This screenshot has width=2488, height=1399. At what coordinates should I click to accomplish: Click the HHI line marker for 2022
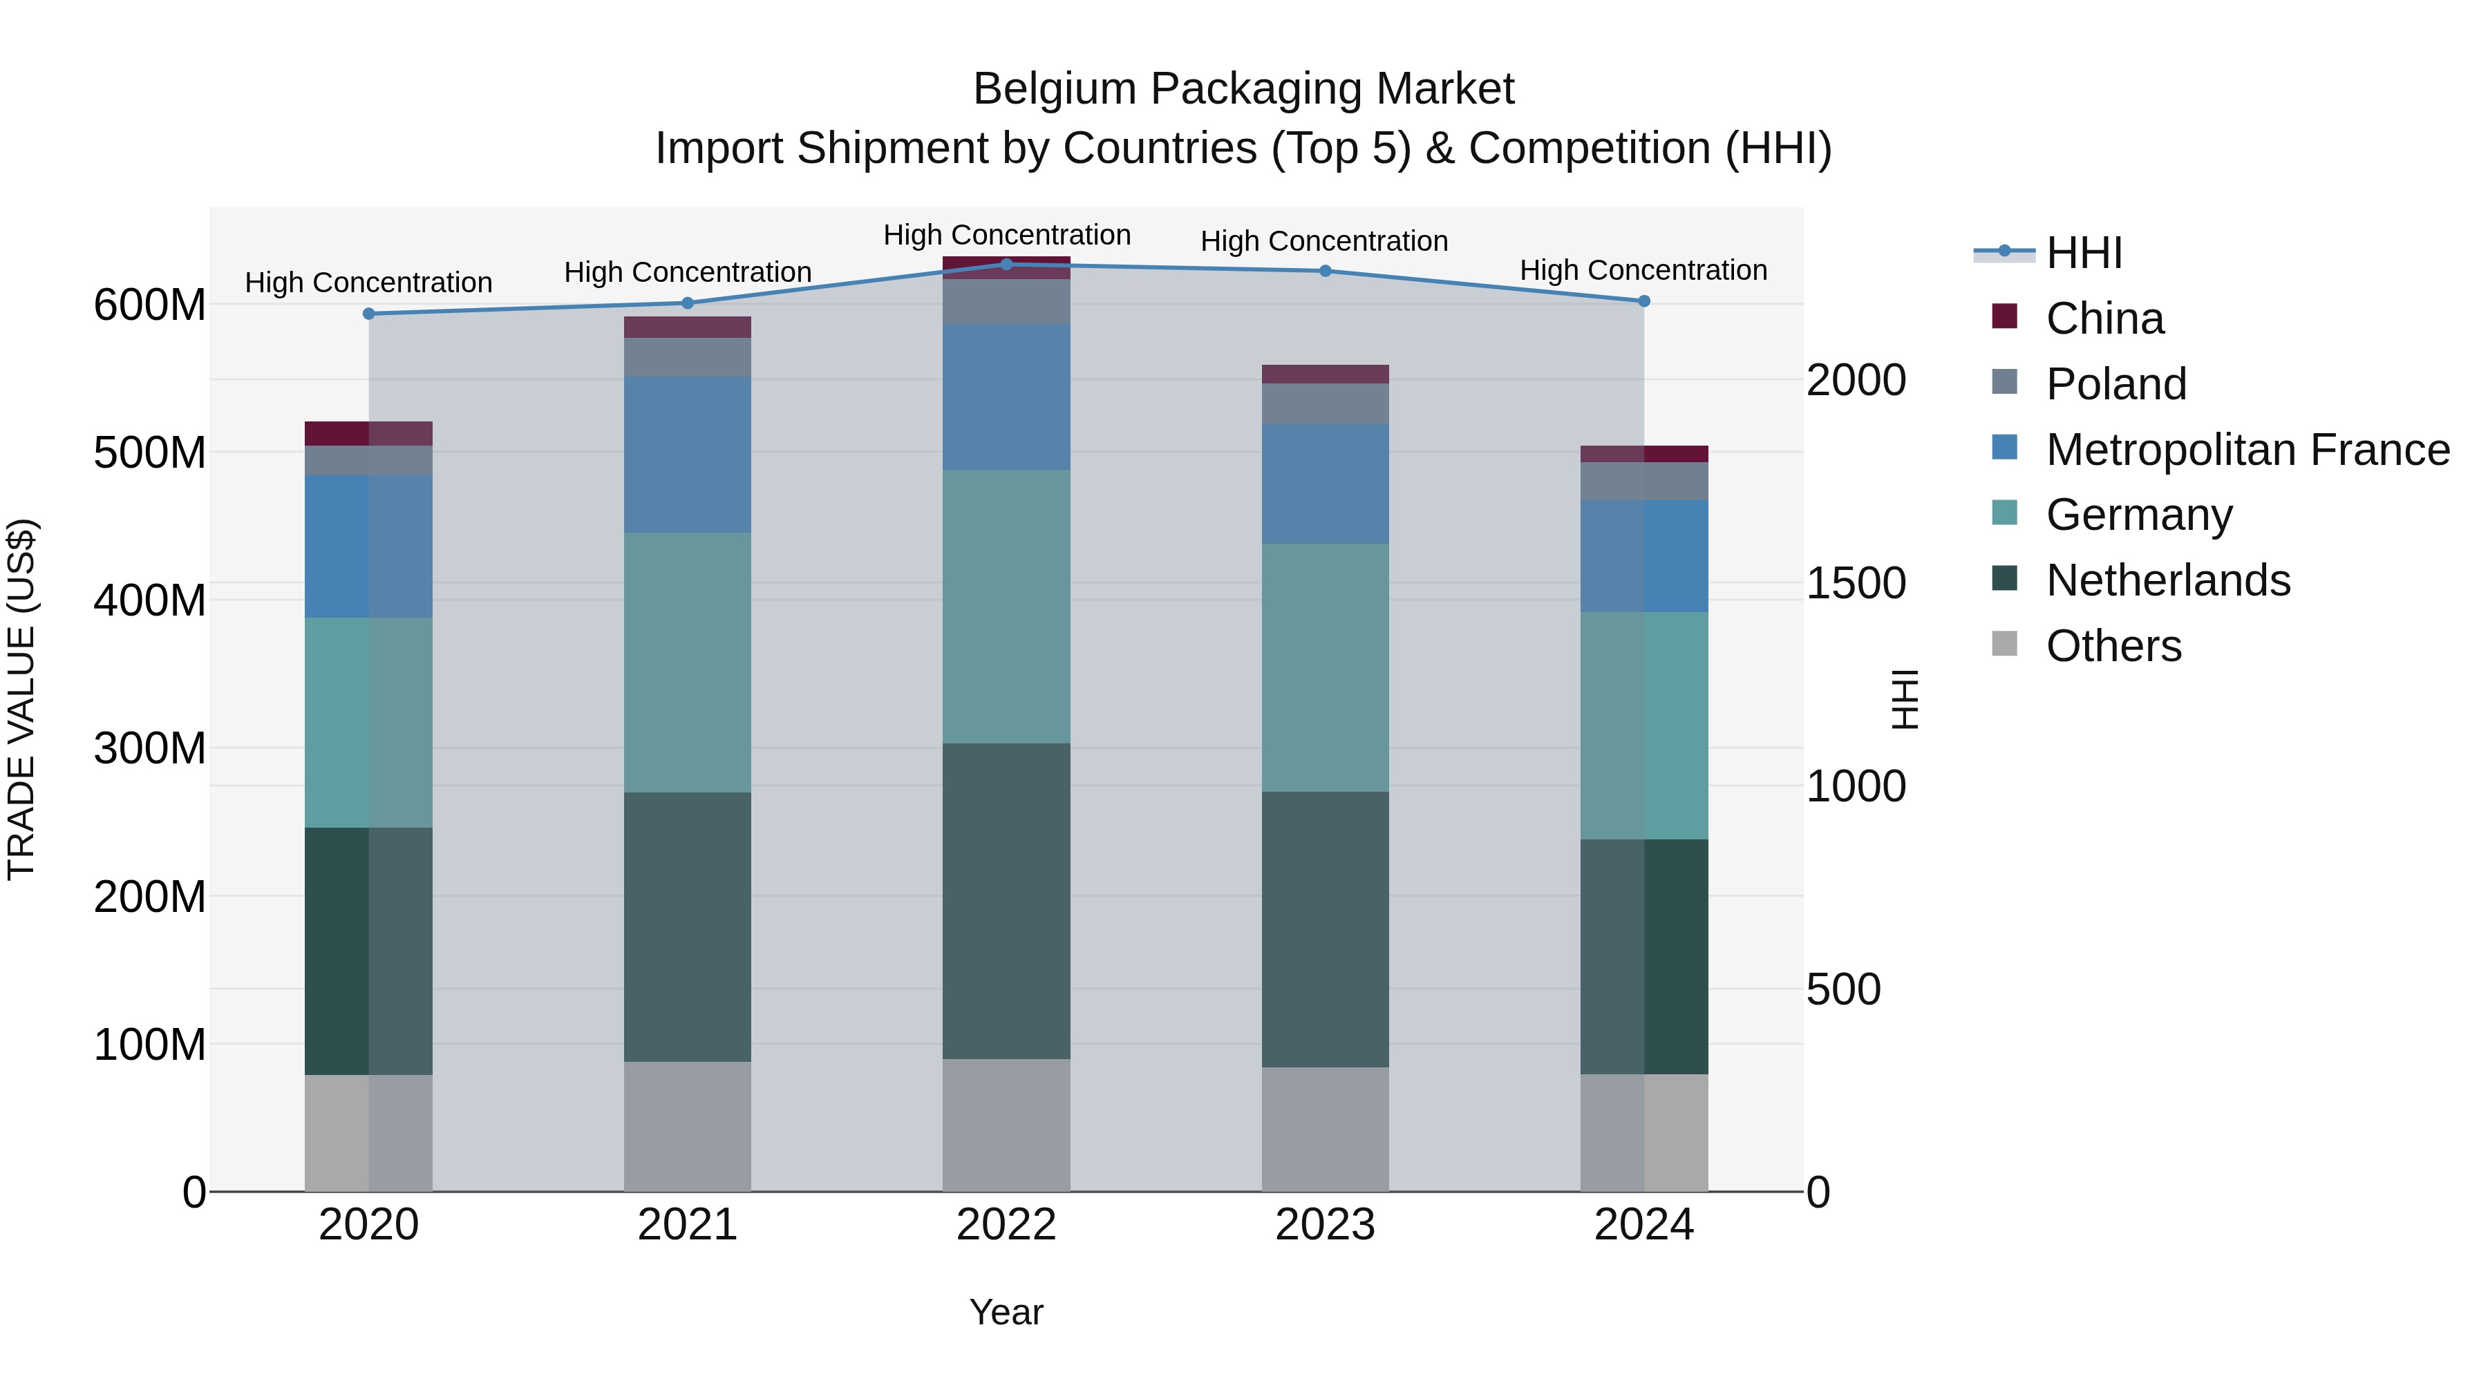(x=1006, y=265)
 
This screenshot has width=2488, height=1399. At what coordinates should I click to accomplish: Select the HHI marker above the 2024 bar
(x=1644, y=301)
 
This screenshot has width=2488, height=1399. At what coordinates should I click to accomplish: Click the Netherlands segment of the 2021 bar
(x=687, y=927)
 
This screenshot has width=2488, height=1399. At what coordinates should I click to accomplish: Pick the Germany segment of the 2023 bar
(x=1324, y=667)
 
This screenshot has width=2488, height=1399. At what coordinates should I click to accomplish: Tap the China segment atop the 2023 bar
(x=1324, y=374)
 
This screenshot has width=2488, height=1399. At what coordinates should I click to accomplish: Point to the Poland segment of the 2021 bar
(x=687, y=357)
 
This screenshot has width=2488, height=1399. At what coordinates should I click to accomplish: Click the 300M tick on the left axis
(x=150, y=749)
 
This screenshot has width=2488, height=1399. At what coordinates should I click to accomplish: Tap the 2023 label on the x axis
(x=1324, y=1225)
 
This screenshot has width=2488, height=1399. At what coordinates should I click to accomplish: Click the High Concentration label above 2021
(x=687, y=272)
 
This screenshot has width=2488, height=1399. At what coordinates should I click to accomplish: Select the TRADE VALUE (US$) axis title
(x=21, y=699)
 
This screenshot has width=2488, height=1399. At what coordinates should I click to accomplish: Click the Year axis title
(x=1006, y=1312)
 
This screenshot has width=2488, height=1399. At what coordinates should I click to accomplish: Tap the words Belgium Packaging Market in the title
(x=1243, y=89)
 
